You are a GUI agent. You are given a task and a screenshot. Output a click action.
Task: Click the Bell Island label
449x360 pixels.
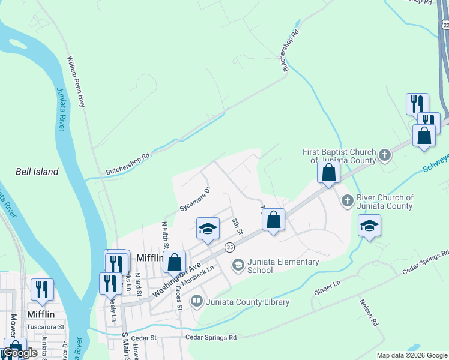point(37,172)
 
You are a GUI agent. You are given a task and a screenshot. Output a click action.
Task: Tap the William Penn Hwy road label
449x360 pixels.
point(76,82)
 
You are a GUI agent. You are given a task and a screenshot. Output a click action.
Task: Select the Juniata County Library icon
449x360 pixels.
point(196,302)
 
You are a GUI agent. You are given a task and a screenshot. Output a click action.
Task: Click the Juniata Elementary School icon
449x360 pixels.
point(238,265)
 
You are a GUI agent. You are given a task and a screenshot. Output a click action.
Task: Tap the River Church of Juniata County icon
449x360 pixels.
point(347,201)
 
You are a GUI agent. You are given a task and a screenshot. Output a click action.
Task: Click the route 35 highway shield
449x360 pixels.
point(229,247)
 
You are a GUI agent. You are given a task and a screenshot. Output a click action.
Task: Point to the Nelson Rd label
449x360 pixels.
point(369,313)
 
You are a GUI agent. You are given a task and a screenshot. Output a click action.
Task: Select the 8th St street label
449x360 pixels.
point(237,227)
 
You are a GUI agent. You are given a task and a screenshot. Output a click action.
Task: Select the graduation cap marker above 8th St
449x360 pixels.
point(208,229)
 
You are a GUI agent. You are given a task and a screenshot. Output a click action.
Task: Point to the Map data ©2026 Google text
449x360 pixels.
point(412,355)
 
